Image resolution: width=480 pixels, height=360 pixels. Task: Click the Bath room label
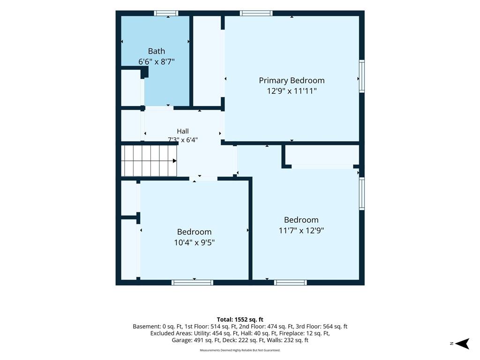[157, 51]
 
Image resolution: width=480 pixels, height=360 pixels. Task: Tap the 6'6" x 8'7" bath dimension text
[157, 62]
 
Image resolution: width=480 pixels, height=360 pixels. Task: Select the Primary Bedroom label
[292, 81]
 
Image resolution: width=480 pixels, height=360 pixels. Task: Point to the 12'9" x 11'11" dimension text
[292, 91]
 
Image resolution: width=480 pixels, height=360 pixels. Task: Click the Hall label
[183, 131]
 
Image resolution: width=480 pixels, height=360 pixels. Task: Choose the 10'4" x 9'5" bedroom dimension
[195, 242]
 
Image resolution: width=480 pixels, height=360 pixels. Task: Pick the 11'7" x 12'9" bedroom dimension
[301, 230]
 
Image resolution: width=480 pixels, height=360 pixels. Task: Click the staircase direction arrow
[175, 161]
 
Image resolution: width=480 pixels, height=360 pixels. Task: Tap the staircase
[149, 161]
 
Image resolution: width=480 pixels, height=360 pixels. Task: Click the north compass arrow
[462, 344]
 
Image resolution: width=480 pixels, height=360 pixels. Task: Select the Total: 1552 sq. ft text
[240, 320]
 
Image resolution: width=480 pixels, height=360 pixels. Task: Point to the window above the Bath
[165, 13]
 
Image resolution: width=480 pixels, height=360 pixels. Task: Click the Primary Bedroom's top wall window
[256, 13]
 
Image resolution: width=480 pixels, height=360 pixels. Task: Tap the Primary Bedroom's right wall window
[361, 76]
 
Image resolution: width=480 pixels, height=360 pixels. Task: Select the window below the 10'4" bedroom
[192, 282]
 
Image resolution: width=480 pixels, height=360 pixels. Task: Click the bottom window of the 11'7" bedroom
[290, 282]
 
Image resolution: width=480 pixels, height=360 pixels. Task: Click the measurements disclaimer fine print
[240, 350]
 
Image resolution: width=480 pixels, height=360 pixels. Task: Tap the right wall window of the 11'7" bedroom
[361, 194]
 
